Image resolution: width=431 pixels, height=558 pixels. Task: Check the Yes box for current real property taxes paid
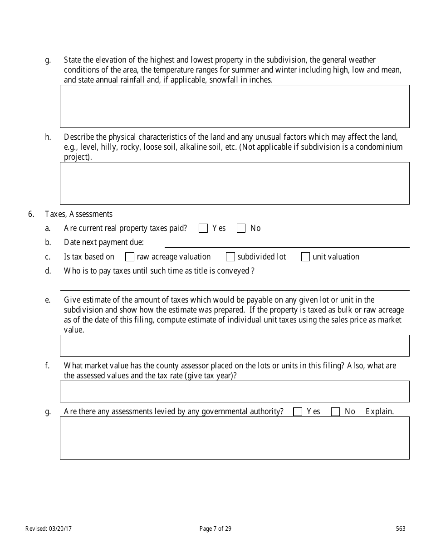(203, 228)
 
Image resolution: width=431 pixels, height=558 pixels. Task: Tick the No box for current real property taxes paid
(241, 228)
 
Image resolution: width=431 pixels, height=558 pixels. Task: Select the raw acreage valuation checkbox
(130, 257)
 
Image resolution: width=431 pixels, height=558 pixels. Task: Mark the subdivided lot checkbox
(230, 257)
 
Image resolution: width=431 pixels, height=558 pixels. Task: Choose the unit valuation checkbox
(306, 257)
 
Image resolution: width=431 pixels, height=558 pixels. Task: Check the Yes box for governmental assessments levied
(298, 411)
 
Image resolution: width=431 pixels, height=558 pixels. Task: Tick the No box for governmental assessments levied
(336, 411)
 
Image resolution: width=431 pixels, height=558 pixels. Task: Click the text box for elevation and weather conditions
(235, 106)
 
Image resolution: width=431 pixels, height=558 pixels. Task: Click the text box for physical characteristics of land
(235, 183)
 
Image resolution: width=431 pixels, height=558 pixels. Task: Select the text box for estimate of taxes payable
(235, 346)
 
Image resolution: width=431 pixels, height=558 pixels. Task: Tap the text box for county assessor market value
(235, 392)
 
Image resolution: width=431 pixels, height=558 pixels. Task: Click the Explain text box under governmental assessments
(235, 438)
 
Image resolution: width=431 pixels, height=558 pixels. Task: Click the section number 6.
(31, 214)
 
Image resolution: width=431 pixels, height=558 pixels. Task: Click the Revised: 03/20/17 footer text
(48, 529)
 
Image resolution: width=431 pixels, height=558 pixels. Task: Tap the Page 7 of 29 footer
(215, 529)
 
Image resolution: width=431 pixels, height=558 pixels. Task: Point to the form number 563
(401, 529)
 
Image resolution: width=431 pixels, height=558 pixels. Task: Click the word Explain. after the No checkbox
(380, 411)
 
